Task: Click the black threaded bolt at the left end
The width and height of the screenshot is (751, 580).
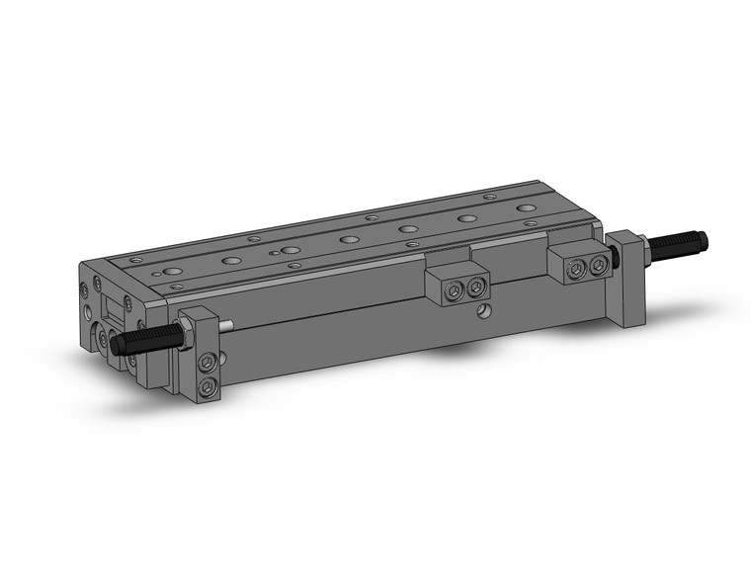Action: pos(143,338)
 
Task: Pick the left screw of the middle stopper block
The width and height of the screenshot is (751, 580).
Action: pos(454,290)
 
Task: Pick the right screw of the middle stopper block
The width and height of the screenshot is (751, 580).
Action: pos(476,288)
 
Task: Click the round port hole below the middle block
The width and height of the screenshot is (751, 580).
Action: pos(481,313)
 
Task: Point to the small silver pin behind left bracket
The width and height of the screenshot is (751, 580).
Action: pos(228,327)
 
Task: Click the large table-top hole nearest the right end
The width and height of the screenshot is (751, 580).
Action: pos(525,209)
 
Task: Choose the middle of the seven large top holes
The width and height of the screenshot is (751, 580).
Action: pos(349,239)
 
